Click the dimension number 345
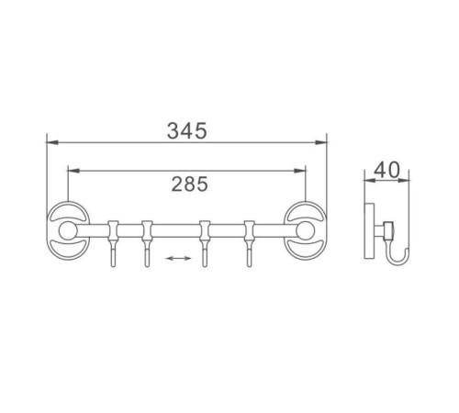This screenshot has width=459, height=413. tap(187, 130)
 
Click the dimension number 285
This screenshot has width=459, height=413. tap(190, 184)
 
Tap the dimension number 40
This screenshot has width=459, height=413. tap(386, 170)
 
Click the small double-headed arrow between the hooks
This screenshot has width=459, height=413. tap(178, 259)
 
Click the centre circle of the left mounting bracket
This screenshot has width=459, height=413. tap(67, 231)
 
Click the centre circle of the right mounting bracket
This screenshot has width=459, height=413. tap(305, 231)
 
